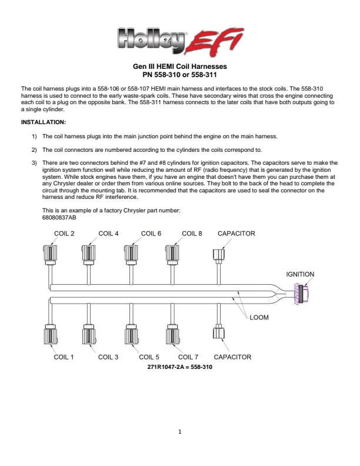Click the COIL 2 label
(64, 234)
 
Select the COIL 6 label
(151, 234)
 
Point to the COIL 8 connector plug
(172, 255)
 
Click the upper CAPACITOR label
(236, 234)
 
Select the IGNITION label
(300, 274)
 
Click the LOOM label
(259, 317)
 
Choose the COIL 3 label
(108, 357)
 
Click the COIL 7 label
(188, 357)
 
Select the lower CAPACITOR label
(232, 357)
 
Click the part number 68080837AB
(59, 218)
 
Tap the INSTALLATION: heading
(44, 122)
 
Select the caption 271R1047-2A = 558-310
(179, 367)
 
